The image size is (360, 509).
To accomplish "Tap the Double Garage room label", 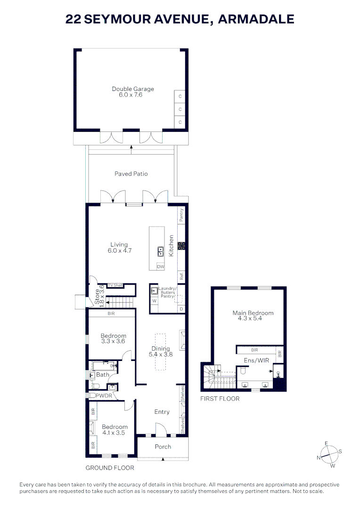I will pyautogui.click(x=132, y=91).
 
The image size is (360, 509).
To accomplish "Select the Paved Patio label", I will pyautogui.click(x=131, y=174).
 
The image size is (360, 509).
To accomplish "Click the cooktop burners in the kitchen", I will pyautogui.click(x=181, y=246).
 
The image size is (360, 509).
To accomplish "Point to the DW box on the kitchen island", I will pyautogui.click(x=160, y=267).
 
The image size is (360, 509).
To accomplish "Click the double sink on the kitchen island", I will pyautogui.click(x=160, y=251).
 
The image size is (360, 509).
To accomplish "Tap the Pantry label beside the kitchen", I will pyautogui.click(x=181, y=215).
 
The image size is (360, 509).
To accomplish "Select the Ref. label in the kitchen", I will pyautogui.click(x=181, y=276).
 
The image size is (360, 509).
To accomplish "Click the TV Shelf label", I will pyautogui.click(x=115, y=285).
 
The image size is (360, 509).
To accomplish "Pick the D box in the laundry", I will pyautogui.click(x=181, y=309).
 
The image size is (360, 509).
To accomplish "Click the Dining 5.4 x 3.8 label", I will pyautogui.click(x=160, y=352).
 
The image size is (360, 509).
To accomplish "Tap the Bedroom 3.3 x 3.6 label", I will pyautogui.click(x=113, y=338).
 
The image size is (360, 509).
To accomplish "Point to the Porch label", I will pyautogui.click(x=163, y=447).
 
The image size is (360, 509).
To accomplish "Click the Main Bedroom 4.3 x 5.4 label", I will pyautogui.click(x=253, y=315).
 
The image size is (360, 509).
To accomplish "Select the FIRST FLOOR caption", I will pyautogui.click(x=220, y=399).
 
